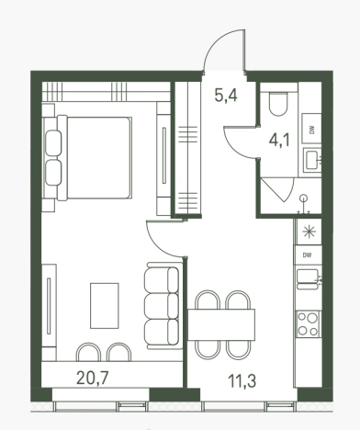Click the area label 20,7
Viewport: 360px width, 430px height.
pos(93,378)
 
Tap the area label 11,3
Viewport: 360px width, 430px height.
pos(242,381)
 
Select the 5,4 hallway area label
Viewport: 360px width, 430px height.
pos(226,96)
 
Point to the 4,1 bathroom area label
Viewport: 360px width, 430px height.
pos(279,141)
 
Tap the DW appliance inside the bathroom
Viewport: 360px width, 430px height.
pos(311,129)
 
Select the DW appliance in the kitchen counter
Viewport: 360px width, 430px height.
pos(308,255)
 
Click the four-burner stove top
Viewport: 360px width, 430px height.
pos(308,323)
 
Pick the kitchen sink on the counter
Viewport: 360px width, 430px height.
pos(308,279)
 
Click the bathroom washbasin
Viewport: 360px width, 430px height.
pos(312,159)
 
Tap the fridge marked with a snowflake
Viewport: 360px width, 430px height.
pos(309,232)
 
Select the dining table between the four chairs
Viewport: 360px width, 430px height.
pos(221,324)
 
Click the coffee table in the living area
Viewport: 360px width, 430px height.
pos(105,306)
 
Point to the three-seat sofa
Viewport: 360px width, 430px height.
pos(163,306)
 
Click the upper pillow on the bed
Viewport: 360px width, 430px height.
pos(53,142)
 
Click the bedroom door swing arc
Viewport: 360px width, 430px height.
pos(158,245)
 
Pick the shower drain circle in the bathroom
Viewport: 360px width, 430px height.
pos(303,198)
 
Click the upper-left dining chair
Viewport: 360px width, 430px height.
pos(208,300)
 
